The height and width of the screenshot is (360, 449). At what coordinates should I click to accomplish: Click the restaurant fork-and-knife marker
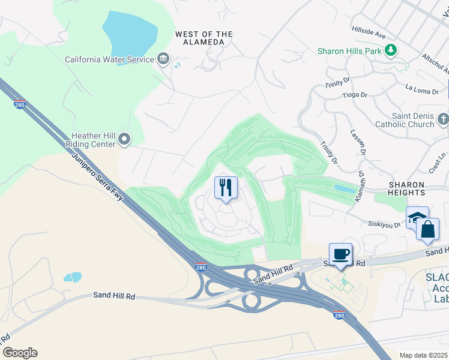(226, 188)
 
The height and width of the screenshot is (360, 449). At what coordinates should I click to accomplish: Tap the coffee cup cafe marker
(340, 254)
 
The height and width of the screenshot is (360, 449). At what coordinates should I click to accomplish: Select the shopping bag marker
(427, 229)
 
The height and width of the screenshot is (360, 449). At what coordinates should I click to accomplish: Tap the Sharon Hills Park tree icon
(391, 50)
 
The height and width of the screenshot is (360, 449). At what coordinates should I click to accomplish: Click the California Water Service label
(109, 59)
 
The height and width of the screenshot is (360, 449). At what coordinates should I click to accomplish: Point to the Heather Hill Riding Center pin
(124, 140)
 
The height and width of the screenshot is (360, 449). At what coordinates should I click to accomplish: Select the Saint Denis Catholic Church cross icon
(443, 119)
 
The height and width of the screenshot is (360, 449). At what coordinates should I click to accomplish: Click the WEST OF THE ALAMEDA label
(203, 38)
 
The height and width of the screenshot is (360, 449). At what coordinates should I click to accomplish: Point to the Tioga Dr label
(354, 95)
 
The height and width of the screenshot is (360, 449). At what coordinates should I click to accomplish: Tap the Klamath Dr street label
(361, 187)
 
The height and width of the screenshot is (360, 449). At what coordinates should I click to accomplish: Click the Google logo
(20, 353)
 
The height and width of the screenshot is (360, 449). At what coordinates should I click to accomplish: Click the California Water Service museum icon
(163, 59)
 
